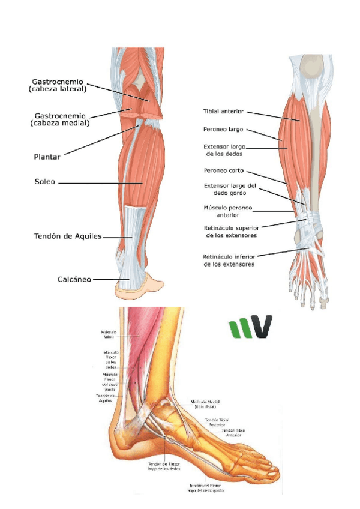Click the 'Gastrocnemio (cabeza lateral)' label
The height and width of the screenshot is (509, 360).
[58, 85]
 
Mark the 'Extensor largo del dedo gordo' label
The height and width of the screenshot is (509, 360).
[230, 189]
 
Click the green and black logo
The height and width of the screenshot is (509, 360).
[250, 327]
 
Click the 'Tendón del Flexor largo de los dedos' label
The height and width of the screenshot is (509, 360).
[163, 466]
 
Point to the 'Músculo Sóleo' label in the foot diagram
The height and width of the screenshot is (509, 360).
[112, 334]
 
